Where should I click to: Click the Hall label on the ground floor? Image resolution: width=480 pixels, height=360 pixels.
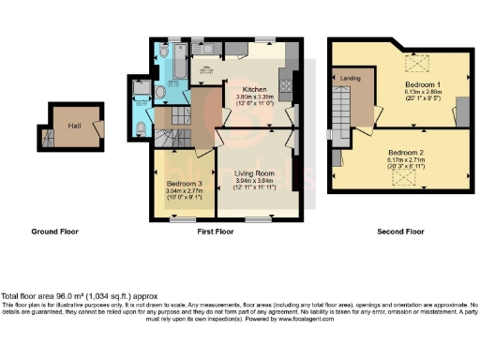click(x=72, y=121)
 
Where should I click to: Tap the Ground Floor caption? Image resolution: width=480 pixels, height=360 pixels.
click(x=54, y=232)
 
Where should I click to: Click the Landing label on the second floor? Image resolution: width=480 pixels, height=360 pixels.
click(x=352, y=78)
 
